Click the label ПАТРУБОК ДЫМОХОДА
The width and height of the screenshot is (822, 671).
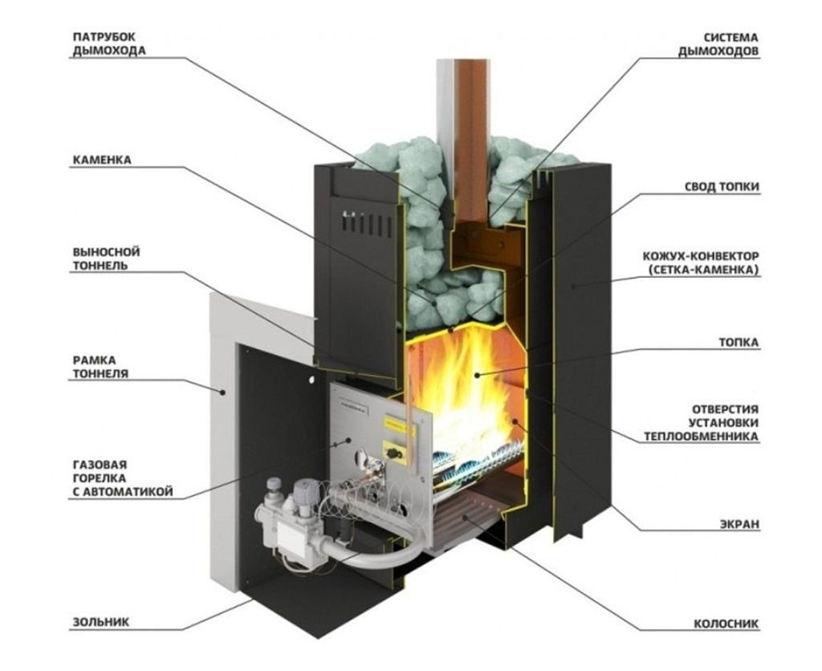click(x=109, y=44)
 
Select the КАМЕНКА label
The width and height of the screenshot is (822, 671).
click(x=101, y=160)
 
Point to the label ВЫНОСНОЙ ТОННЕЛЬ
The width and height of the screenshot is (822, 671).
click(x=105, y=258)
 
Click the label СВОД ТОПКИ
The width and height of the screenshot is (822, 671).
click(x=722, y=186)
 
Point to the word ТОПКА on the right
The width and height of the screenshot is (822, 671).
click(x=739, y=342)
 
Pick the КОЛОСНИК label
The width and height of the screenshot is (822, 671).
click(x=726, y=623)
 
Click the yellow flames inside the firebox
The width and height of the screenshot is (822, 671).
click(x=466, y=385)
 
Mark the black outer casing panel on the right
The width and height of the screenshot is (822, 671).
click(x=582, y=337)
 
